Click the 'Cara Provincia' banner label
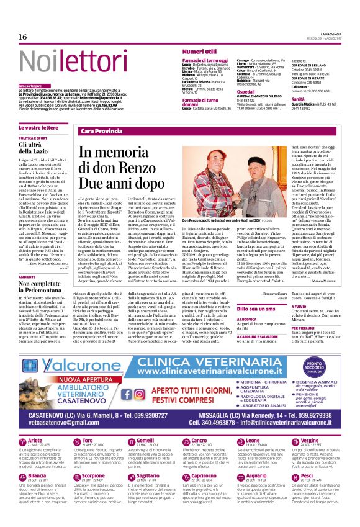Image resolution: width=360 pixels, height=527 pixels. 101,132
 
